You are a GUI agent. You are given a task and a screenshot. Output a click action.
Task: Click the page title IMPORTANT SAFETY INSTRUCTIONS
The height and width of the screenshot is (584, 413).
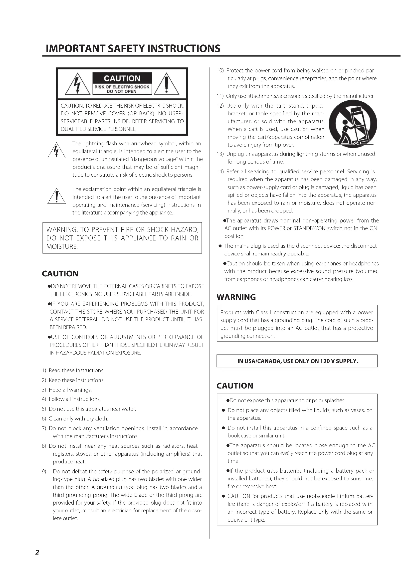133,49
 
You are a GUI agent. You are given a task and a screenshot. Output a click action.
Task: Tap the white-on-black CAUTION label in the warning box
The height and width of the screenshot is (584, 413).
122,78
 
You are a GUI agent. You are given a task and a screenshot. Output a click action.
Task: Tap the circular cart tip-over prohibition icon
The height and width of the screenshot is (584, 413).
353,124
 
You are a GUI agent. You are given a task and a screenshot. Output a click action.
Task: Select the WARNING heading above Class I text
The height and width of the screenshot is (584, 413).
236,297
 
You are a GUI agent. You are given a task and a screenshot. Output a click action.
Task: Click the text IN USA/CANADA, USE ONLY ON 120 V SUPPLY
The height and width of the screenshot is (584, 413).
297,361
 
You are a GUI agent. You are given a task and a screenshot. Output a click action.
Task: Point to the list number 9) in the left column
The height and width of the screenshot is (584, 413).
44,471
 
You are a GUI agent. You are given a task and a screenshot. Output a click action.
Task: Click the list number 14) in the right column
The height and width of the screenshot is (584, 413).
220,172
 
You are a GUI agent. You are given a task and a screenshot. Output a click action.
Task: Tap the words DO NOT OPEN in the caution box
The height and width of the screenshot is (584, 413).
122,91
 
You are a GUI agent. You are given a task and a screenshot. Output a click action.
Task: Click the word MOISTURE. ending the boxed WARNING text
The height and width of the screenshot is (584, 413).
62,246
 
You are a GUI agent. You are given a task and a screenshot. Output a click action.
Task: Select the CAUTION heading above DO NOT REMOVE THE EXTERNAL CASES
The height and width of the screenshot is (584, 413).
60,274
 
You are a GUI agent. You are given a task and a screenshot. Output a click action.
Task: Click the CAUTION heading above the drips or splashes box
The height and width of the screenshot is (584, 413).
235,386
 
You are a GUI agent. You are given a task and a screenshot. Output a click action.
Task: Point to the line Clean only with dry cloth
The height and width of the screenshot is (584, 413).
78,418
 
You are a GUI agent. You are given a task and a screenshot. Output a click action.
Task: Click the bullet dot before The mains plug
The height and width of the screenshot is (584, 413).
220,246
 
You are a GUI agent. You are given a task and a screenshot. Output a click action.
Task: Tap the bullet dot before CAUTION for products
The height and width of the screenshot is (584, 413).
223,496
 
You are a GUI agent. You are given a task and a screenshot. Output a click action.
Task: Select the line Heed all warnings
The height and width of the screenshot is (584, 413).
70,390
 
